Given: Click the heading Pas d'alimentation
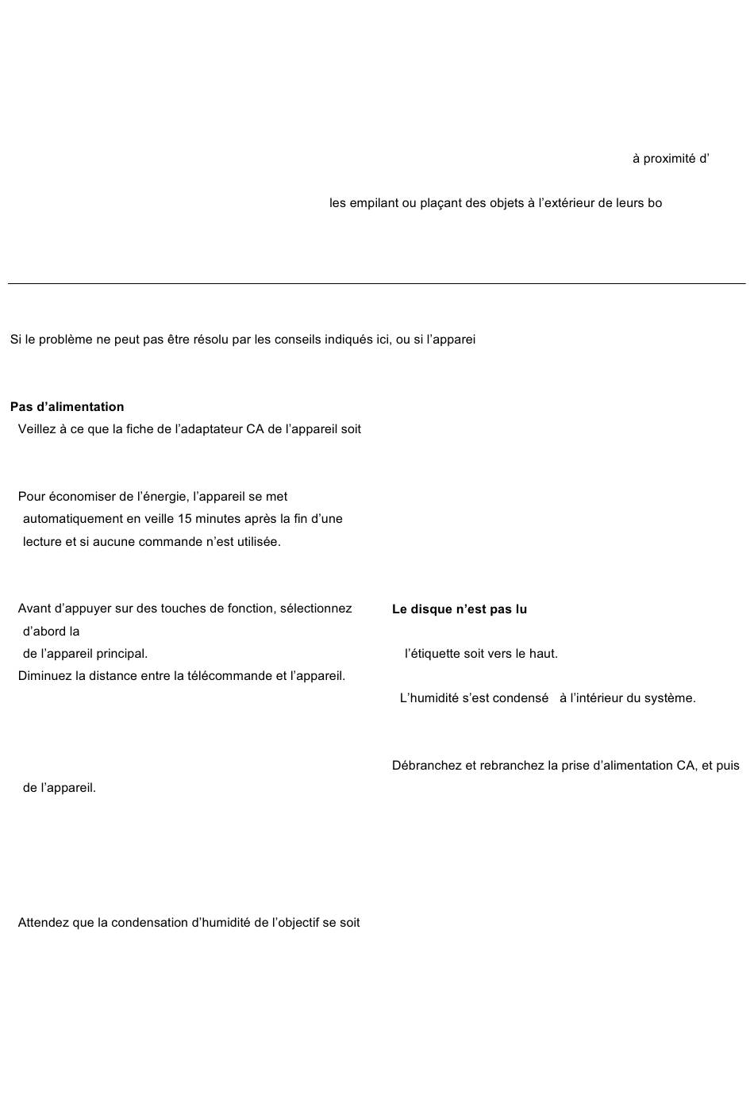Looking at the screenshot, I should point(67,407).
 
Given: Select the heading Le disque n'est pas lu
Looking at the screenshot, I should point(459,609).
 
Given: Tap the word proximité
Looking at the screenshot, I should point(669,159).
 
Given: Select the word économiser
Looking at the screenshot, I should point(83,497).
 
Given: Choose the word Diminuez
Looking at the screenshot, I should point(44,676).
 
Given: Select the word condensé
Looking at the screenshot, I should point(520,698).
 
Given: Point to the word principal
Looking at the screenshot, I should point(121,654).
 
